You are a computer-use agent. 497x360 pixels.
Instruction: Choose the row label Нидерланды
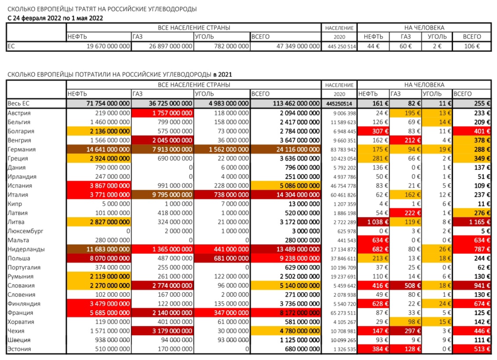(24, 249)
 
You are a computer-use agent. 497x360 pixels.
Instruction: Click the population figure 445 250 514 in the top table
(339, 46)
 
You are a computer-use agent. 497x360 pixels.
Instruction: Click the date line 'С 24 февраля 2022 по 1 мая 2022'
(55, 18)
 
